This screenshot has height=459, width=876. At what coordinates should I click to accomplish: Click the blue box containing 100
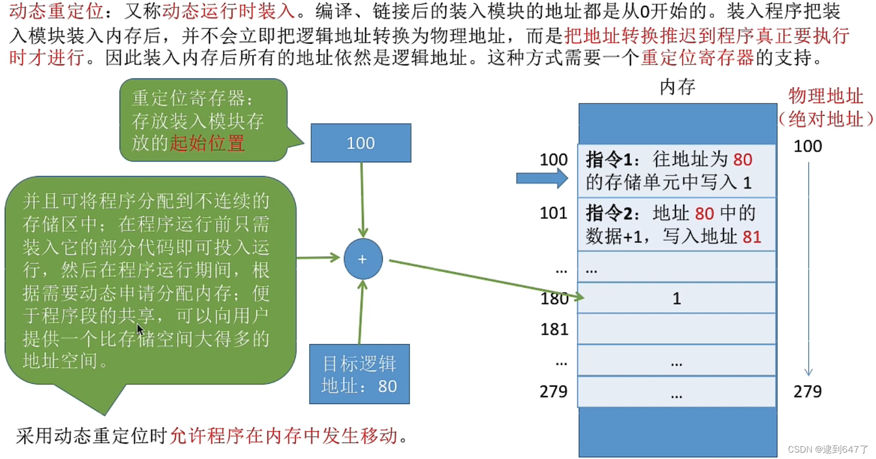click(361, 143)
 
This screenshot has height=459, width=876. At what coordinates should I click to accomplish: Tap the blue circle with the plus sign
click(363, 259)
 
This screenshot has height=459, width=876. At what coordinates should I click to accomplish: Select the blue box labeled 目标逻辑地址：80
click(359, 374)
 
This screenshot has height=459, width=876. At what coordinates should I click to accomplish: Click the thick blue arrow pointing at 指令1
click(542, 178)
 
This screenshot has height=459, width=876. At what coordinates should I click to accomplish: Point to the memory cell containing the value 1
click(676, 298)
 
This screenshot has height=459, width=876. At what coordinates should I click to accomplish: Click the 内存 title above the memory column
click(678, 87)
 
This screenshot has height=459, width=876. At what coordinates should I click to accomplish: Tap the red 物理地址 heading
click(825, 96)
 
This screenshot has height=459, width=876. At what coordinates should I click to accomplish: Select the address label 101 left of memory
click(554, 213)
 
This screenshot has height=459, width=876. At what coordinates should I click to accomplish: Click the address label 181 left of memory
click(555, 329)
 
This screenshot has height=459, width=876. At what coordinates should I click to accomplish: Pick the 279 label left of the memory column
click(554, 391)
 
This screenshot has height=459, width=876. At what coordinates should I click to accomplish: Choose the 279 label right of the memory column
click(808, 391)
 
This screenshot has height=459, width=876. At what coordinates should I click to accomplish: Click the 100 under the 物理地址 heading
click(808, 146)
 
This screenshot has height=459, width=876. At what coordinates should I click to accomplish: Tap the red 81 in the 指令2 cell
click(752, 237)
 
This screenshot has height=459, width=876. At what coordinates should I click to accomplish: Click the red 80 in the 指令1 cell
click(743, 160)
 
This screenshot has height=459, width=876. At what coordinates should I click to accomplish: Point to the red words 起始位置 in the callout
click(207, 143)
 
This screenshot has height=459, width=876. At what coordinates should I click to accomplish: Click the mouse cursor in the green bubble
click(140, 329)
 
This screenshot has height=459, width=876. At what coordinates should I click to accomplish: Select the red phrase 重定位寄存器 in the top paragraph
click(697, 58)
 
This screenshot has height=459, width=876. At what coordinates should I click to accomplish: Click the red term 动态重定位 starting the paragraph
click(56, 11)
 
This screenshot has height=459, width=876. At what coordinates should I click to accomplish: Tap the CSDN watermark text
click(827, 449)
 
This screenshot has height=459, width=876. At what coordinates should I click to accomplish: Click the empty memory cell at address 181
click(676, 329)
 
